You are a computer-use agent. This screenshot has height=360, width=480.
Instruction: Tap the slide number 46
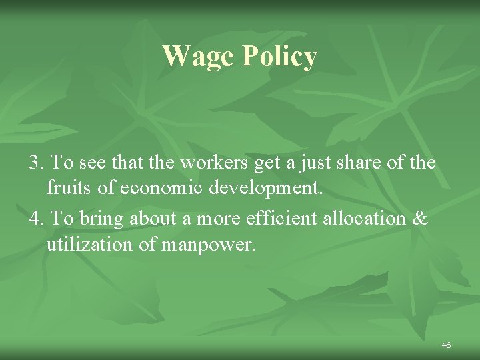[446, 345]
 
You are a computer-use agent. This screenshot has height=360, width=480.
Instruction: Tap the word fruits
[69, 189]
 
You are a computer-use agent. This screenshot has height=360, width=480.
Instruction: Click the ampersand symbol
[420, 218]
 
